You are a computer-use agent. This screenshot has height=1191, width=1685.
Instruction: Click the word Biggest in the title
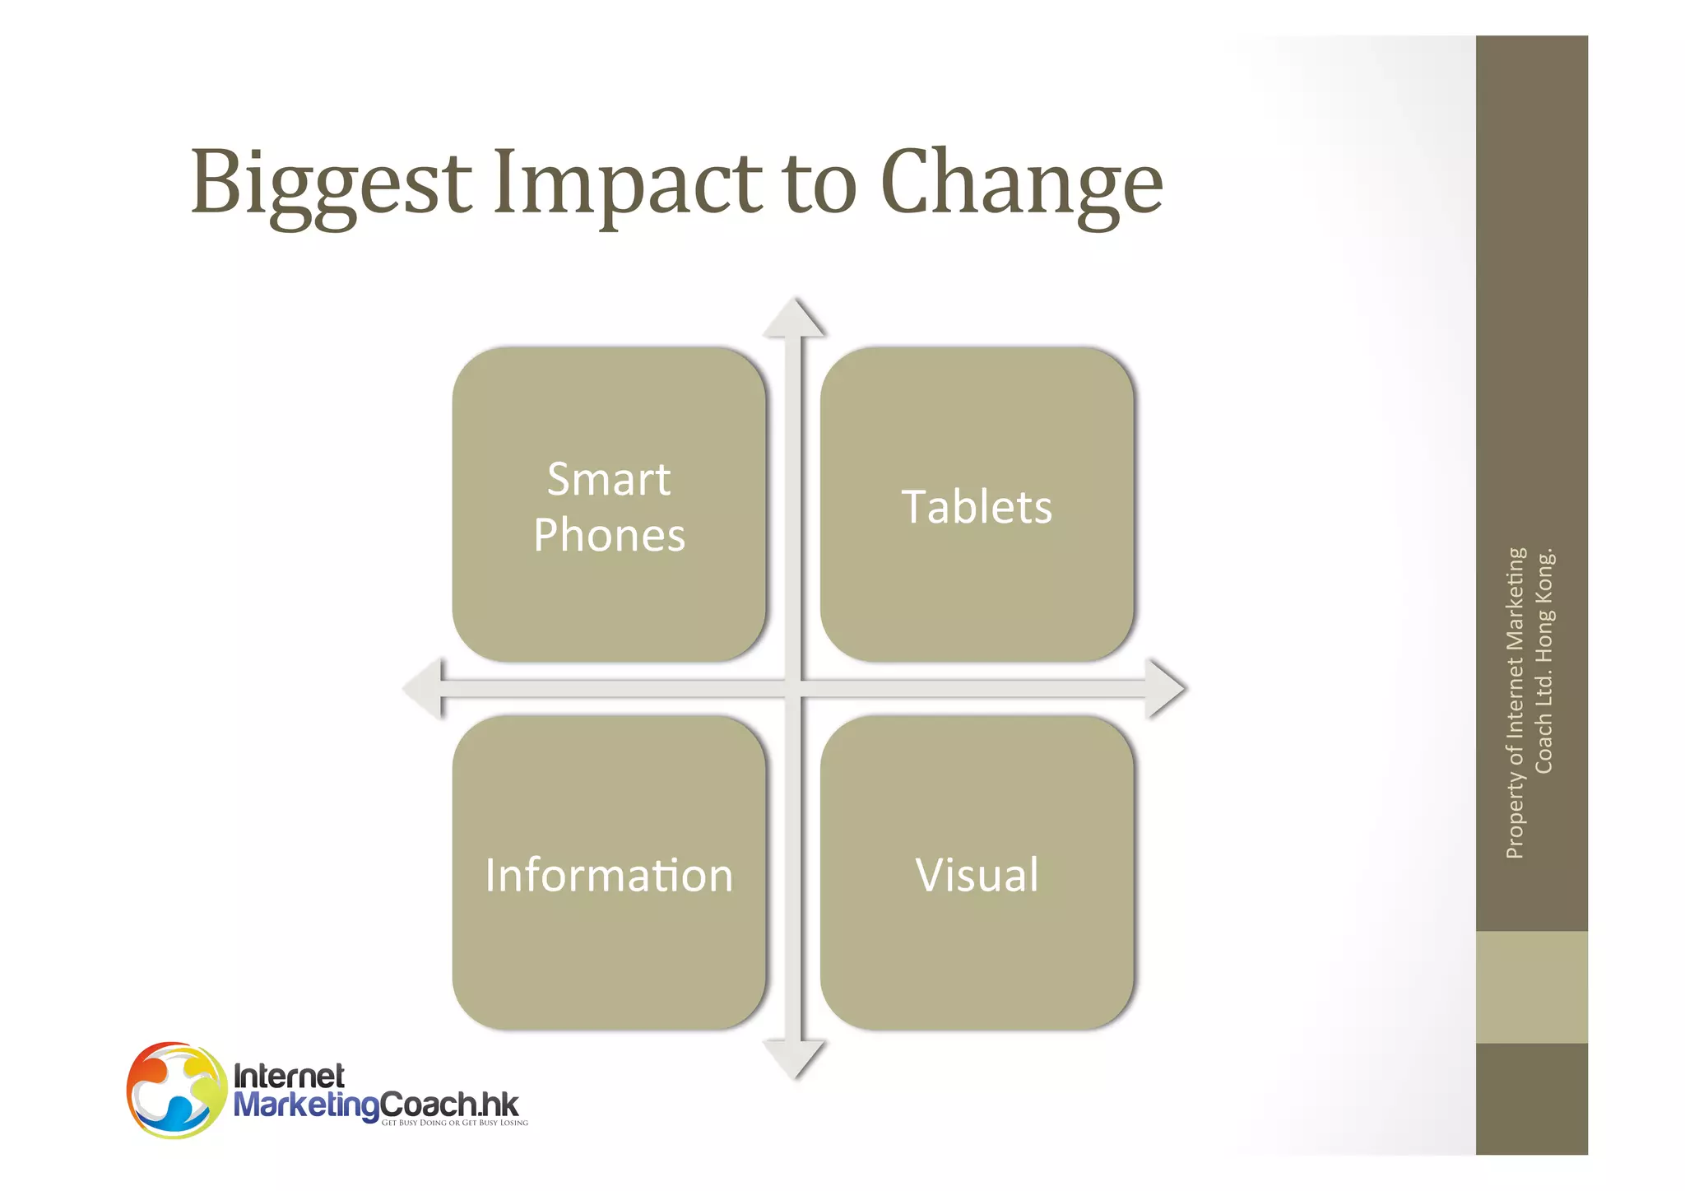coord(331,183)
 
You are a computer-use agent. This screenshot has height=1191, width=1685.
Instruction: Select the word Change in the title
coord(1021,183)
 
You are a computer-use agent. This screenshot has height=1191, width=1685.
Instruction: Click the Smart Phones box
coord(609,505)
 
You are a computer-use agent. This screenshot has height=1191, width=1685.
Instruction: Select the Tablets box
coord(977,505)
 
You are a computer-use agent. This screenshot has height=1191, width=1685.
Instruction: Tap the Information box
coord(609,872)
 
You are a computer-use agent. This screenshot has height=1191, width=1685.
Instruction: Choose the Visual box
coord(977,872)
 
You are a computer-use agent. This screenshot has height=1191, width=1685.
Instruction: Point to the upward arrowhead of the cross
coord(793,319)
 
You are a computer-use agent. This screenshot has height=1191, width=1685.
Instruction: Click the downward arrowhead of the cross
coord(793,1058)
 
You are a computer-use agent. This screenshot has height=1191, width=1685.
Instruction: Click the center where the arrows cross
coord(793,688)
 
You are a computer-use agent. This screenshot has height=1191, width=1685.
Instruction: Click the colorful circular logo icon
coord(176,1090)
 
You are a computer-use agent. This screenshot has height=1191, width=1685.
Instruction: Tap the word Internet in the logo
coord(289,1076)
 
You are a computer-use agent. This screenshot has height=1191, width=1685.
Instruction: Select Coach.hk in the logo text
coord(450,1104)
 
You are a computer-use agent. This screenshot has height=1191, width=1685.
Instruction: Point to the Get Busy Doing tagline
coord(454,1123)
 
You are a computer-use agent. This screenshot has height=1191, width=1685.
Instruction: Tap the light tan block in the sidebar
coord(1531,987)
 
